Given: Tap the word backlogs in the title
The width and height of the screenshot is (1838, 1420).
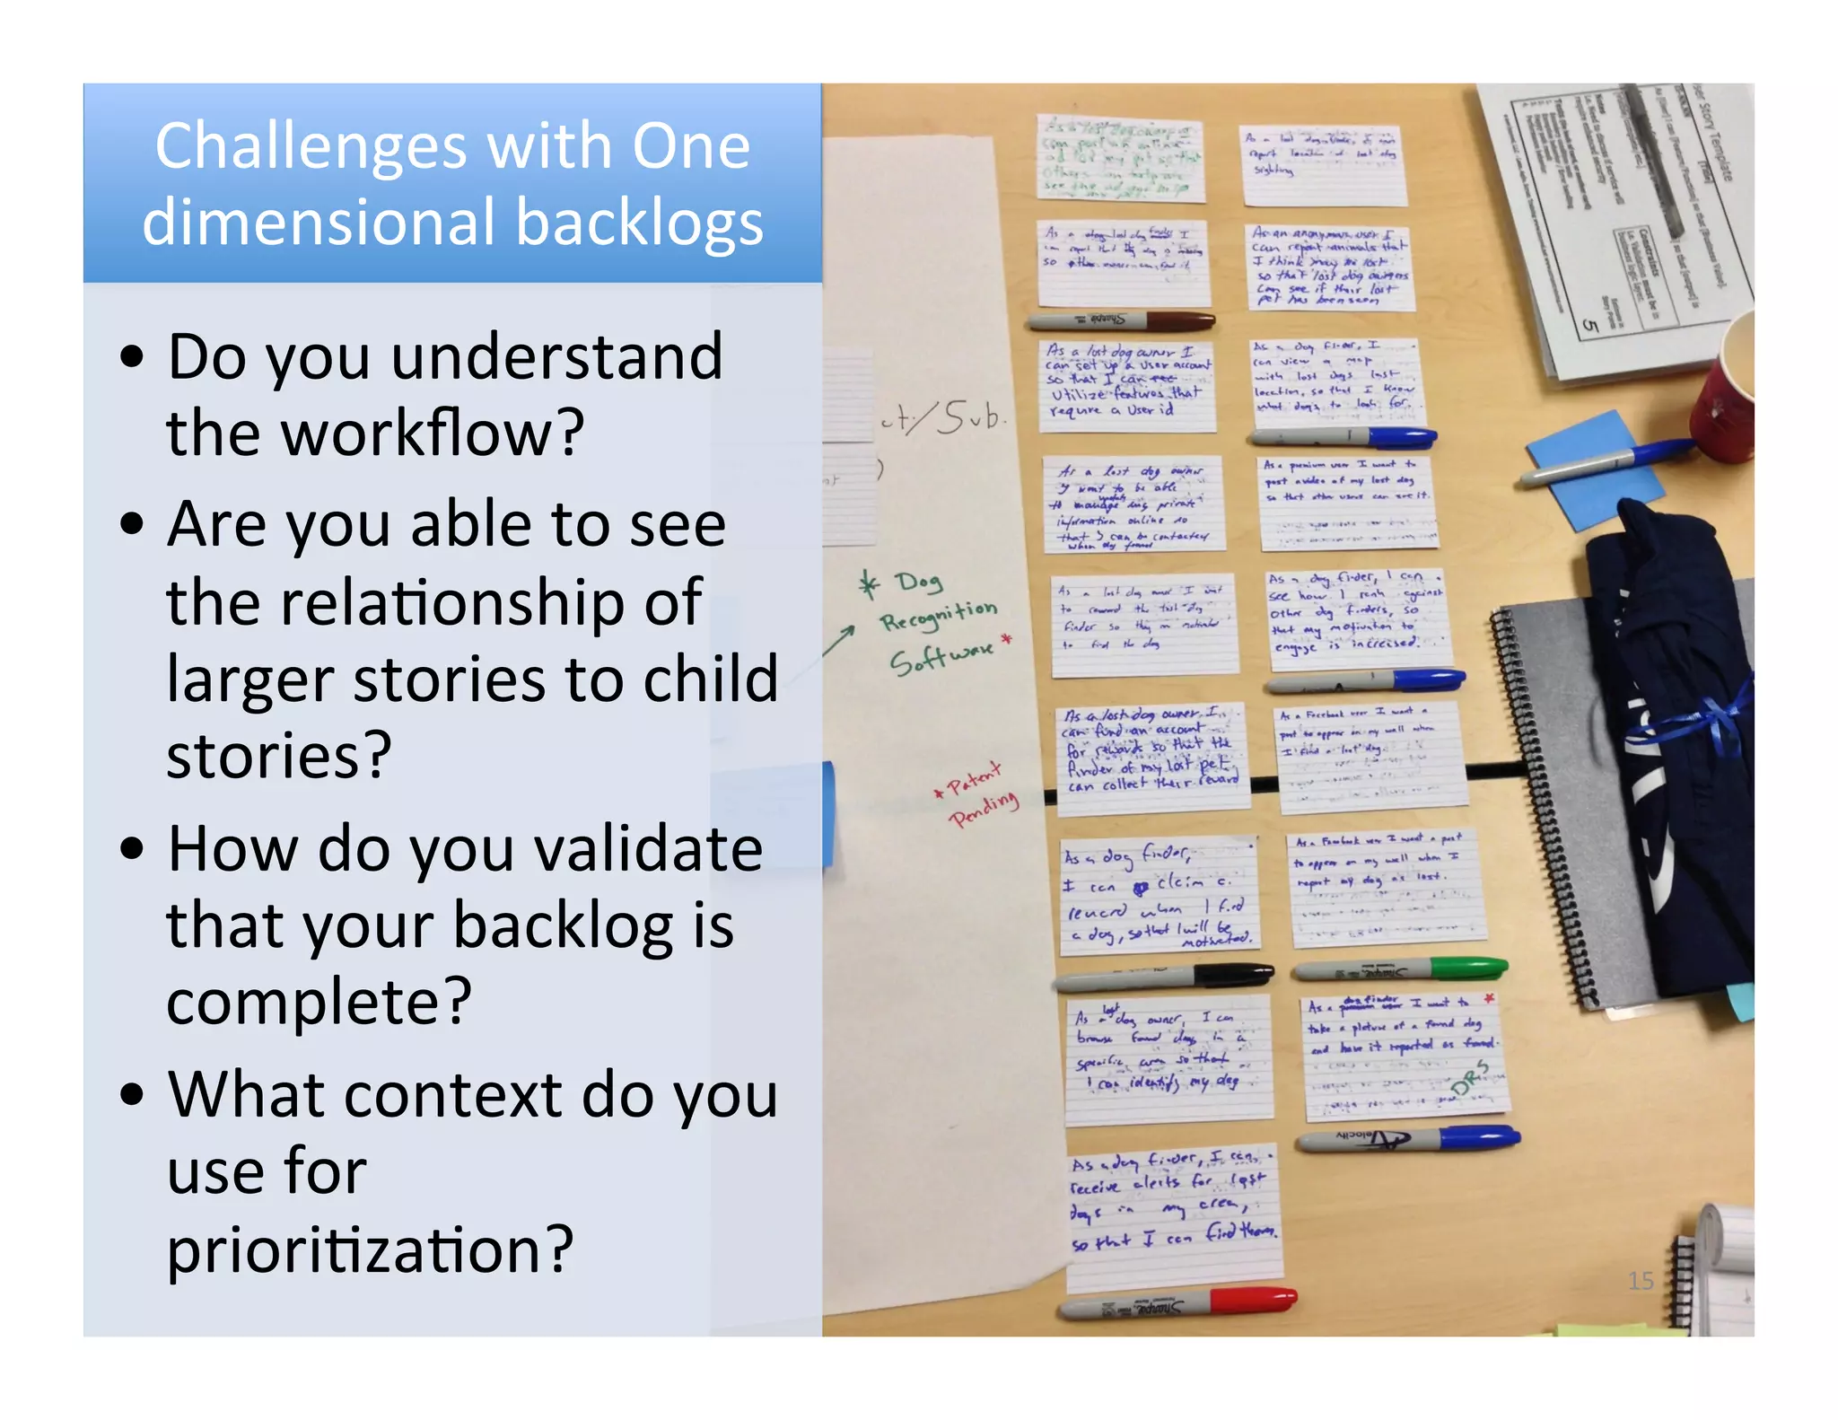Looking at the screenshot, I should [639, 224].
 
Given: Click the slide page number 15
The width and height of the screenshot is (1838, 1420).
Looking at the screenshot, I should [1640, 1281].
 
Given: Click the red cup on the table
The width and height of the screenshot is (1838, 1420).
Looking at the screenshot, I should [1728, 386].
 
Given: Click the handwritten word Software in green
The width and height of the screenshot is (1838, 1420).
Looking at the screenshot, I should [941, 656].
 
